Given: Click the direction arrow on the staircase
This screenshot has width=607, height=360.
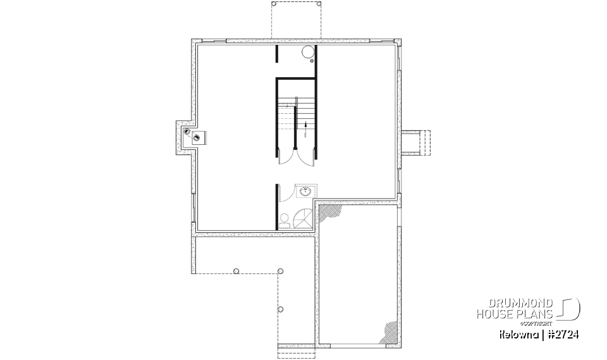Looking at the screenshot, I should click(306, 130).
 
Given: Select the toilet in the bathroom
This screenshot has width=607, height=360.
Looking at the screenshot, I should click(285, 221).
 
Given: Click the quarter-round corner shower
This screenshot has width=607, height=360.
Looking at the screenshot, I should click(303, 218).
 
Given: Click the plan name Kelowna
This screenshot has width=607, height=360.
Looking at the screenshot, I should click(519, 333).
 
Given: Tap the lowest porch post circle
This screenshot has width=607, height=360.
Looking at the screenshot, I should click(281, 309).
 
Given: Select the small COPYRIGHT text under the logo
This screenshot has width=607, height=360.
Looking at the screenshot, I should click(538, 322).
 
